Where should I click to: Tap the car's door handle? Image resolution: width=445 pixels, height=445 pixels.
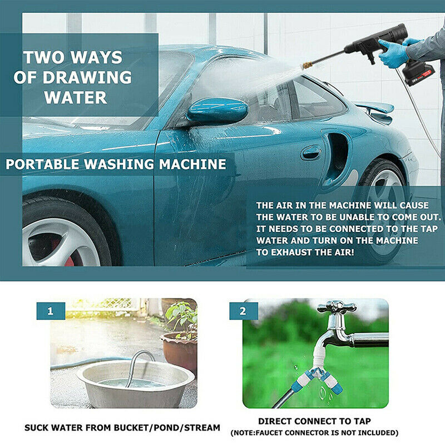coord(311,152)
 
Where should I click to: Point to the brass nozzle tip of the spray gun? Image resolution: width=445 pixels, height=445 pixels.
coord(307,65)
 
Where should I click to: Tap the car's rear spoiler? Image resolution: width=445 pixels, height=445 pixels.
coord(374,108)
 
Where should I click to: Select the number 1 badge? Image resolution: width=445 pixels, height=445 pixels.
coord(51,311)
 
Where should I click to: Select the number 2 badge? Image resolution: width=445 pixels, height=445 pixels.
coord(243,311)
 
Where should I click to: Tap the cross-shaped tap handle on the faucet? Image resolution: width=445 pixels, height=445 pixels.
coord(337,308)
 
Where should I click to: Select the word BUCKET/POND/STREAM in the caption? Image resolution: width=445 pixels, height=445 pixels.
coord(158,428)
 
